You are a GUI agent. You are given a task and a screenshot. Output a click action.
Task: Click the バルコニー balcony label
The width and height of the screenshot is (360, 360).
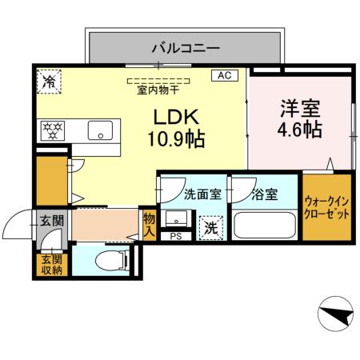(185, 49)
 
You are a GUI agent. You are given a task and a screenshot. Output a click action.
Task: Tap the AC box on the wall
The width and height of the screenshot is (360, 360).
(223, 75)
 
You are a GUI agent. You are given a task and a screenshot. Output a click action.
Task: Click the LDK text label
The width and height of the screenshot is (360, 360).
(175, 117)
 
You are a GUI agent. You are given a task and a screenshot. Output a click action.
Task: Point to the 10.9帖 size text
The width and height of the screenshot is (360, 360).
(175, 139)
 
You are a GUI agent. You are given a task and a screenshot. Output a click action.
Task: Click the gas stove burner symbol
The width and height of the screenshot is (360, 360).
(53, 130)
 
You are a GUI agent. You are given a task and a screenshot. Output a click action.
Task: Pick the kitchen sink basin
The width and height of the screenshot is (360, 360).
(102, 130)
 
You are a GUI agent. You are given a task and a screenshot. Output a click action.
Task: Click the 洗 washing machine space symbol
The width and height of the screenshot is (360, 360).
(210, 227)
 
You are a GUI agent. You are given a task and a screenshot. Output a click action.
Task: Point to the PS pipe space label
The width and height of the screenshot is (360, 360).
(175, 237)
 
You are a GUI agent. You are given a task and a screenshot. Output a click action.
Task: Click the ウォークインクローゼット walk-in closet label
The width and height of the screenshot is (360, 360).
(326, 210)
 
